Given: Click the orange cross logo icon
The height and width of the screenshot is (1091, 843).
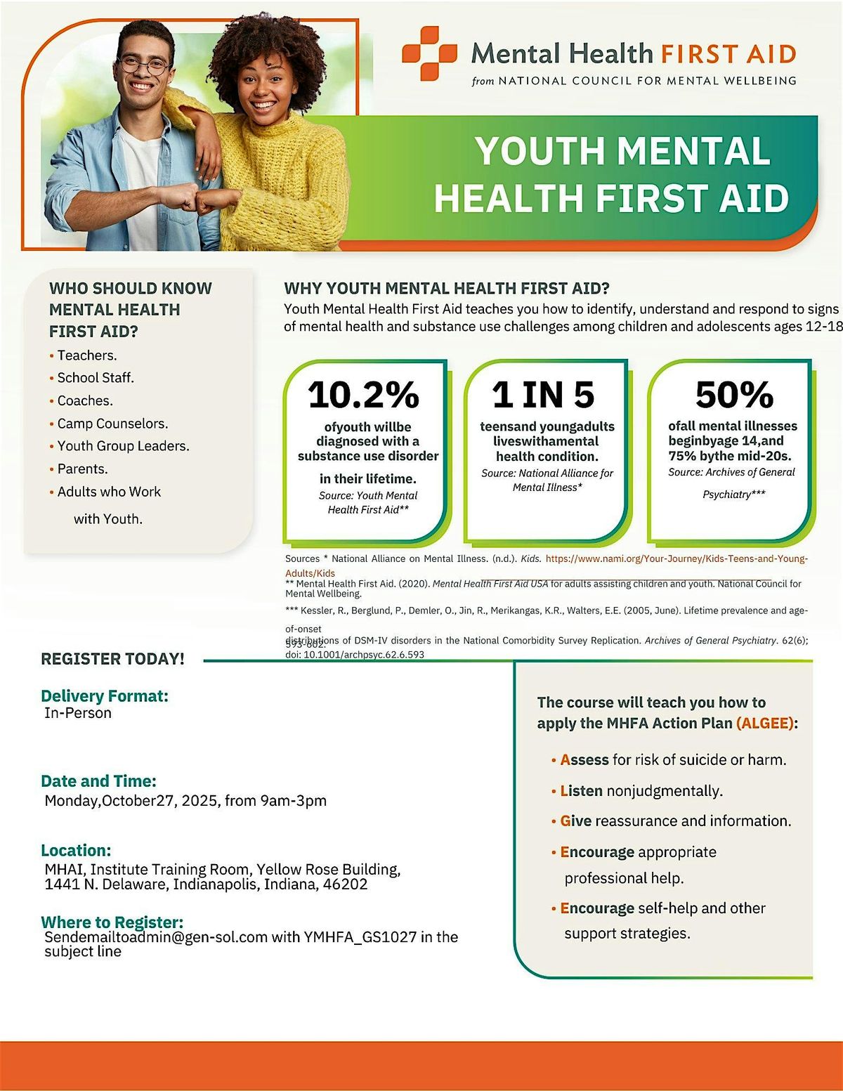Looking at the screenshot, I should coord(429,53).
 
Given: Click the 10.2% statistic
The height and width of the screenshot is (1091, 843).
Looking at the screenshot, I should coord(363,395).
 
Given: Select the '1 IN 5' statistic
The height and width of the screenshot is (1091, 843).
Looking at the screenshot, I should coord(543,395).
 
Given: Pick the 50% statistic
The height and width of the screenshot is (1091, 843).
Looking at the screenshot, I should coord(734,395).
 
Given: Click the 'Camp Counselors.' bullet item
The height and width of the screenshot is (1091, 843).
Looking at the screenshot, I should coord(112,424).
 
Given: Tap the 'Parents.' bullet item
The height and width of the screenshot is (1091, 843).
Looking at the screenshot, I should coord(82,469).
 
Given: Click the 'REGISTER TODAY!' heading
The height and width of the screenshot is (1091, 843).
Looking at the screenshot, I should coord(112,659).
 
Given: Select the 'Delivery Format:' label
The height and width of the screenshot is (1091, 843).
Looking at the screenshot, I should coord(105,696).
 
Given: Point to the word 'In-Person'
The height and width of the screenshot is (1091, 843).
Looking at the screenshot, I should coord(78,713).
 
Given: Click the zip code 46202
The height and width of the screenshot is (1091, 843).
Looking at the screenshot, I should coord(345,884).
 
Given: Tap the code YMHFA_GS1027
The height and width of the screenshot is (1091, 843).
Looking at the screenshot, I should coord(360,937).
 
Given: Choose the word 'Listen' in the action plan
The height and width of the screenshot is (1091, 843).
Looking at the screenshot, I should coord(581,791).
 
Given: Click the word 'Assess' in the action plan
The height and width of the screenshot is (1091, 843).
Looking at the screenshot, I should coord(584,760).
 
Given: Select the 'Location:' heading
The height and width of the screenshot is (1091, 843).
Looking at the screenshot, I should coord(76,851).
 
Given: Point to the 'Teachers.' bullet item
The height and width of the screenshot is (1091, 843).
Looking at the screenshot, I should coord(87,355).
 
